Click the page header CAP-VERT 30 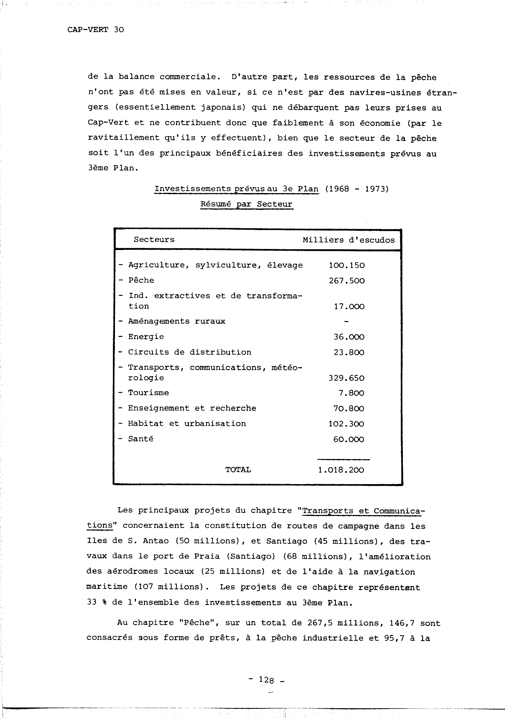click(96, 30)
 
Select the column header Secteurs click(154, 240)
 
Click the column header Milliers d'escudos click(348, 240)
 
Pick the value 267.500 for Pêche click(347, 281)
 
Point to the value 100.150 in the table click(347, 265)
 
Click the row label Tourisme click(149, 393)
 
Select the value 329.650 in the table click(346, 378)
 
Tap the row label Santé click(141, 439)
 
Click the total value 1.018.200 click(341, 470)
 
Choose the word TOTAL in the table click(238, 470)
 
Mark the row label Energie click(146, 337)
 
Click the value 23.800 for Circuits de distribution click(349, 352)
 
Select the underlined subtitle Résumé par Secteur click(246, 204)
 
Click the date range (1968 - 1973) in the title click(357, 189)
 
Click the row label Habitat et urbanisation click(187, 424)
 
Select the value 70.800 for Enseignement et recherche click(349, 408)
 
